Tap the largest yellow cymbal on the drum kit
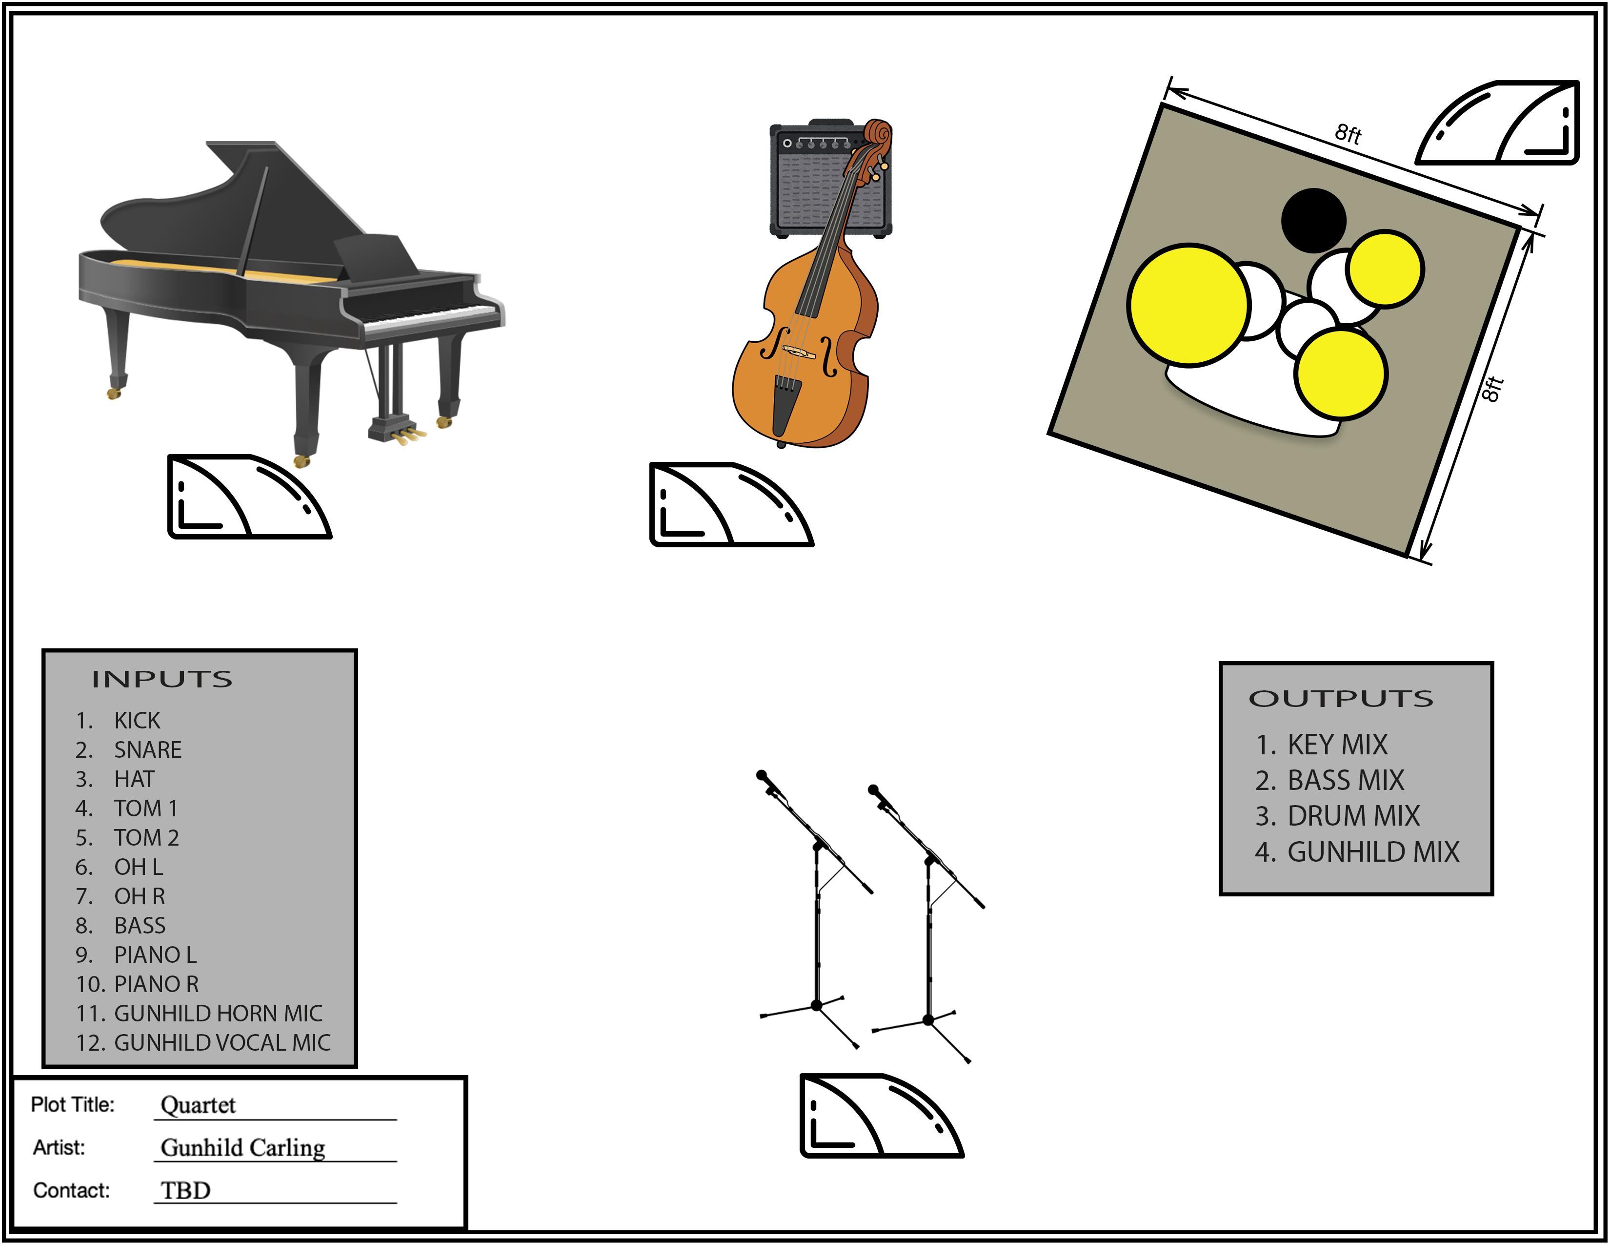(1188, 305)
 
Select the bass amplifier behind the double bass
(830, 179)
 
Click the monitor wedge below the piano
(249, 497)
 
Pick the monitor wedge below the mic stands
(882, 1115)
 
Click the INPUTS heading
(162, 679)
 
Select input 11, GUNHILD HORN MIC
(199, 1014)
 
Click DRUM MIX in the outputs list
(1353, 816)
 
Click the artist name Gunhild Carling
(242, 1148)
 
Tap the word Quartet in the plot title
(198, 1105)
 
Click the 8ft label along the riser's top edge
(1348, 133)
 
